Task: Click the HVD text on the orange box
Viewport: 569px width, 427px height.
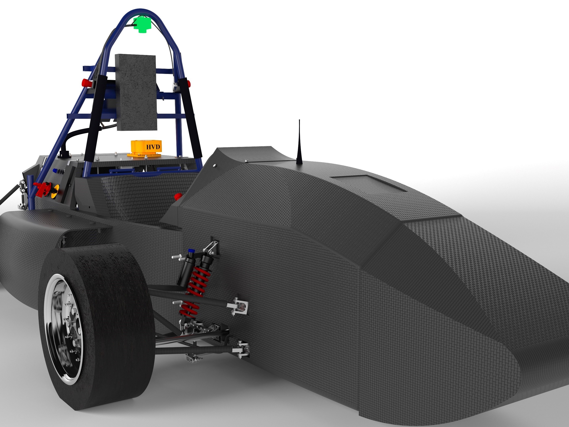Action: click(153, 147)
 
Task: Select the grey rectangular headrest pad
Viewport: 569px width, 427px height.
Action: click(136, 92)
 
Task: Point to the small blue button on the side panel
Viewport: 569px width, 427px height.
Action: click(55, 170)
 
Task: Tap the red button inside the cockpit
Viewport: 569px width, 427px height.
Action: click(178, 197)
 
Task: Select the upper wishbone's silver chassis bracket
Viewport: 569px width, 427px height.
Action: click(239, 306)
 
